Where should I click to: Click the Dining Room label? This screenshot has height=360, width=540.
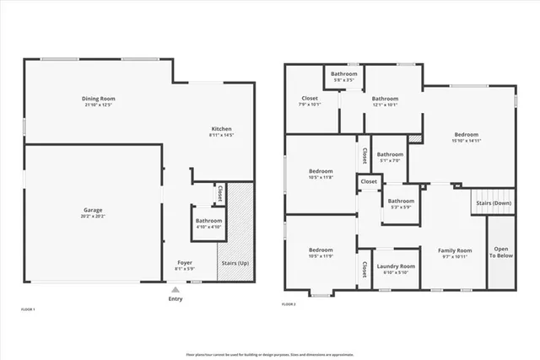98,99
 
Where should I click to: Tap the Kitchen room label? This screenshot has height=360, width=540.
221,129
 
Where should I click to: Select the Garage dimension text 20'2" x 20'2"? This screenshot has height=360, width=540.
92,215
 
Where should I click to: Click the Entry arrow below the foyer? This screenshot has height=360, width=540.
175,290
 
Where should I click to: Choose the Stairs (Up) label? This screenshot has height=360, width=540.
235,263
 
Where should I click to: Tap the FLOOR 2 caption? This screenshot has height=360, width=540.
289,304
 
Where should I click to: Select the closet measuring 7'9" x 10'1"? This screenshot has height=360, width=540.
310,101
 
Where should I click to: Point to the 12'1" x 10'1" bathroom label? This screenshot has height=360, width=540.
385,101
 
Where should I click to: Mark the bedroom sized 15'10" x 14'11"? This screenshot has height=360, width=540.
466,137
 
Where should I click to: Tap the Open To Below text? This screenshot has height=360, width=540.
501,252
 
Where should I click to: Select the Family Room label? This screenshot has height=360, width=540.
453,253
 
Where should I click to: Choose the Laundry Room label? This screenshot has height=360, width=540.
395,269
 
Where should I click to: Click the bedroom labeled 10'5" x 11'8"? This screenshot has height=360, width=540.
321,174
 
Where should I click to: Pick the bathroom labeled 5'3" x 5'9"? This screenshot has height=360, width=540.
400,204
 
